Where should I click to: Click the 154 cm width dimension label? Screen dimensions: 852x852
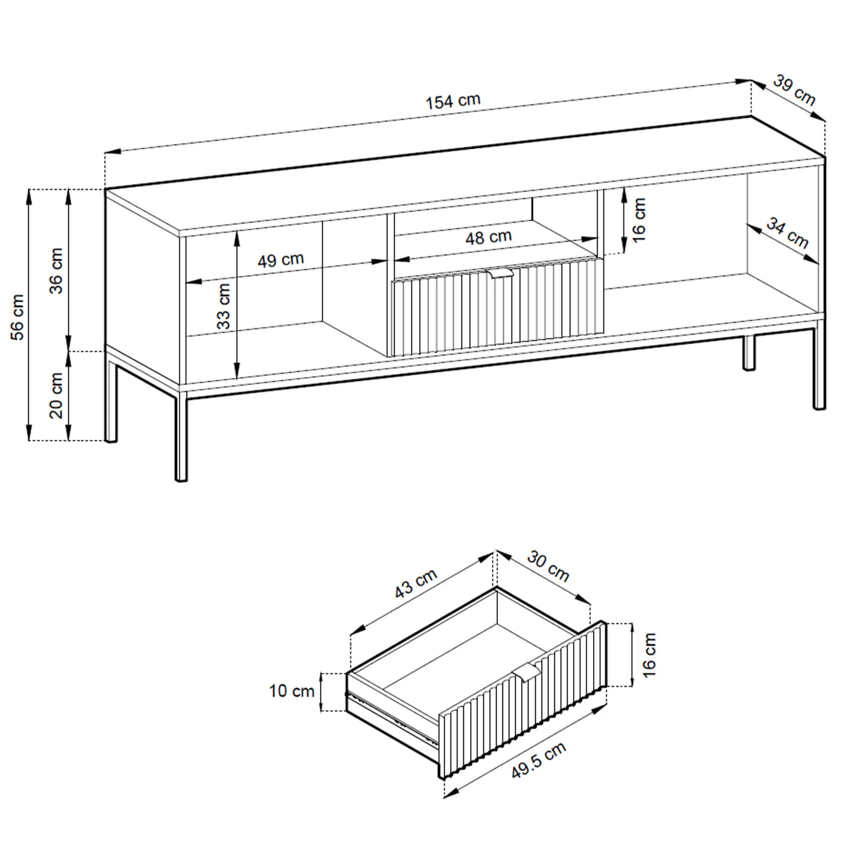pyautogui.click(x=453, y=101)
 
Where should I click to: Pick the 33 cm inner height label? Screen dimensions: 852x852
pyautogui.click(x=224, y=306)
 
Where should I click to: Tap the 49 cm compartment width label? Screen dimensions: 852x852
pyautogui.click(x=281, y=260)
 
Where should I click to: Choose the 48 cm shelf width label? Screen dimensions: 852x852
pyautogui.click(x=489, y=237)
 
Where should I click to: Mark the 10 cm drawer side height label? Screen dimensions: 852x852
pyautogui.click(x=291, y=691)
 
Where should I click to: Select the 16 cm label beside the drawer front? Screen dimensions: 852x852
pyautogui.click(x=649, y=654)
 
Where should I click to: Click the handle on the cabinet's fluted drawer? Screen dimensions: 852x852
pyautogui.click(x=500, y=274)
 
